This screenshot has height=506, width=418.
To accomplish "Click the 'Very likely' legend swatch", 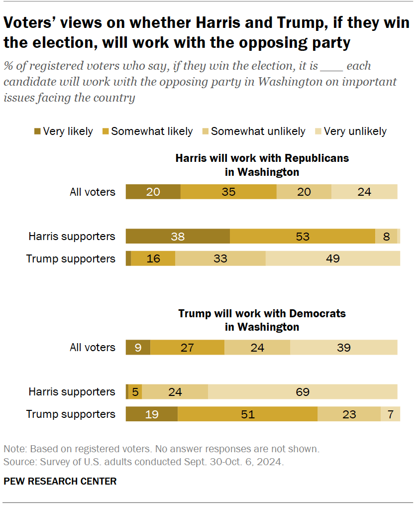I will point(37,131).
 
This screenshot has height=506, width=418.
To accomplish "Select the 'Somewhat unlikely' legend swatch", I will point(205,131).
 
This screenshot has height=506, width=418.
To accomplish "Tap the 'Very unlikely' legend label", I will point(355,131).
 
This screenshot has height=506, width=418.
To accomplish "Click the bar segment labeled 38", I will point(178,237).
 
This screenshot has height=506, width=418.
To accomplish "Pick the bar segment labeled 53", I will point(303,237).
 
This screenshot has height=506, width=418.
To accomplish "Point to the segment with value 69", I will point(303,392).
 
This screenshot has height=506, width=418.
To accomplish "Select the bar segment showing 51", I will point(247,414).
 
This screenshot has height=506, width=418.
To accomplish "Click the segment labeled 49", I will point(332,258).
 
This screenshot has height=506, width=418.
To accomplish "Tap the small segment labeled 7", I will point(390,414).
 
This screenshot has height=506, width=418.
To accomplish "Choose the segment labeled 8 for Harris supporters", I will point(386,237).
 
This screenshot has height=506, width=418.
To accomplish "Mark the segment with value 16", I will point(153,258).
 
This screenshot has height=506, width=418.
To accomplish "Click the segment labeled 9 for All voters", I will point(138,348).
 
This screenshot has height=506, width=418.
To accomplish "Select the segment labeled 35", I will point(228,192).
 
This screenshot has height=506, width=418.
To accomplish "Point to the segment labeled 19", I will point(151,414).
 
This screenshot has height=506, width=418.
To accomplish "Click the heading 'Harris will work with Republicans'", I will point(262,158).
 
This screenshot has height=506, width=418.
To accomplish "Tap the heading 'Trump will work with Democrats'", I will point(262,314).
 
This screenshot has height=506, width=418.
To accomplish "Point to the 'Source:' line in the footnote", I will point(143,462).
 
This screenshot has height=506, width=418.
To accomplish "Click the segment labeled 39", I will point(344,348).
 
